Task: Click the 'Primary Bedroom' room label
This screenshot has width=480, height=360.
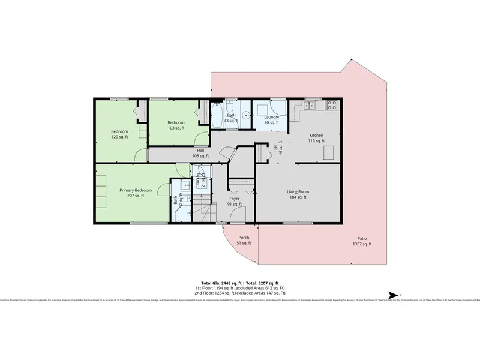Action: pyautogui.click(x=131, y=190)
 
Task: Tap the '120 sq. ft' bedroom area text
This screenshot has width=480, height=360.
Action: pyautogui.click(x=119, y=137)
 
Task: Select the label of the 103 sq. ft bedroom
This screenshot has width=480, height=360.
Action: pyautogui.click(x=176, y=122)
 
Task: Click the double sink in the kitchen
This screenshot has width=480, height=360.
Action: pyautogui.click(x=309, y=106)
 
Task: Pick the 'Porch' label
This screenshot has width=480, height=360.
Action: pyautogui.click(x=244, y=238)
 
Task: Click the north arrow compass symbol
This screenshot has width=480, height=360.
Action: pyautogui.click(x=393, y=295)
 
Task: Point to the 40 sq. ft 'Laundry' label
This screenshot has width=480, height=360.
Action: pyautogui.click(x=263, y=117)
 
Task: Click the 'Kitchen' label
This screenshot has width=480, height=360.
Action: pyautogui.click(x=316, y=136)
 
